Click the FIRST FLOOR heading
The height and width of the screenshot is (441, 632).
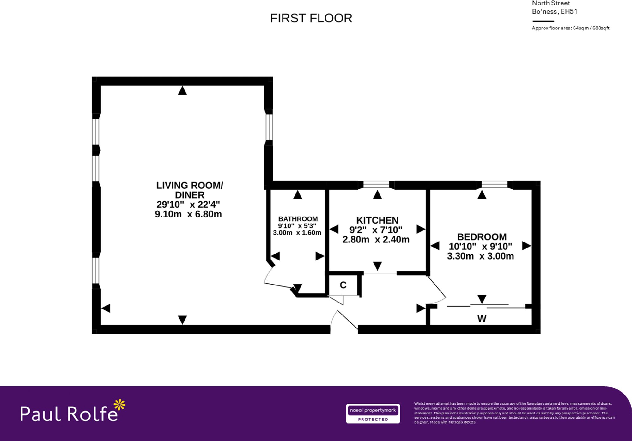(311, 18)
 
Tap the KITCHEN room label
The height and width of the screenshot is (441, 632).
(377, 220)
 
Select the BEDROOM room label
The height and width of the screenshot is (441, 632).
(482, 237)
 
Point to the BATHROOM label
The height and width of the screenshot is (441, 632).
(298, 219)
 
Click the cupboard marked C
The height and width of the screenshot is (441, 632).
(343, 285)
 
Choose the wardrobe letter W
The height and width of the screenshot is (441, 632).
(482, 319)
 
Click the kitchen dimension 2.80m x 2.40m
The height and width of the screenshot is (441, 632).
(376, 240)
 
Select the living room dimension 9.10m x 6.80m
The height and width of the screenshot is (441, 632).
(188, 214)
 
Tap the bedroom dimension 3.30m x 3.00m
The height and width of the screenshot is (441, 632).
(480, 256)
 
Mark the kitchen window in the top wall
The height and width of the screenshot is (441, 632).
(376, 184)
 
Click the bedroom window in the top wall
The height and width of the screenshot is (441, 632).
(495, 184)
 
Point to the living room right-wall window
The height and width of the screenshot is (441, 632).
(269, 127)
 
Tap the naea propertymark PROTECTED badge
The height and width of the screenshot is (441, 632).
(373, 413)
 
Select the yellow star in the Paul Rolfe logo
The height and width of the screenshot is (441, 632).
(119, 405)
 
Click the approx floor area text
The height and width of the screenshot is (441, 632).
(570, 28)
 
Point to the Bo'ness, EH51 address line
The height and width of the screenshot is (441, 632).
(555, 12)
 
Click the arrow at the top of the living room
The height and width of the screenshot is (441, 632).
(182, 91)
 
